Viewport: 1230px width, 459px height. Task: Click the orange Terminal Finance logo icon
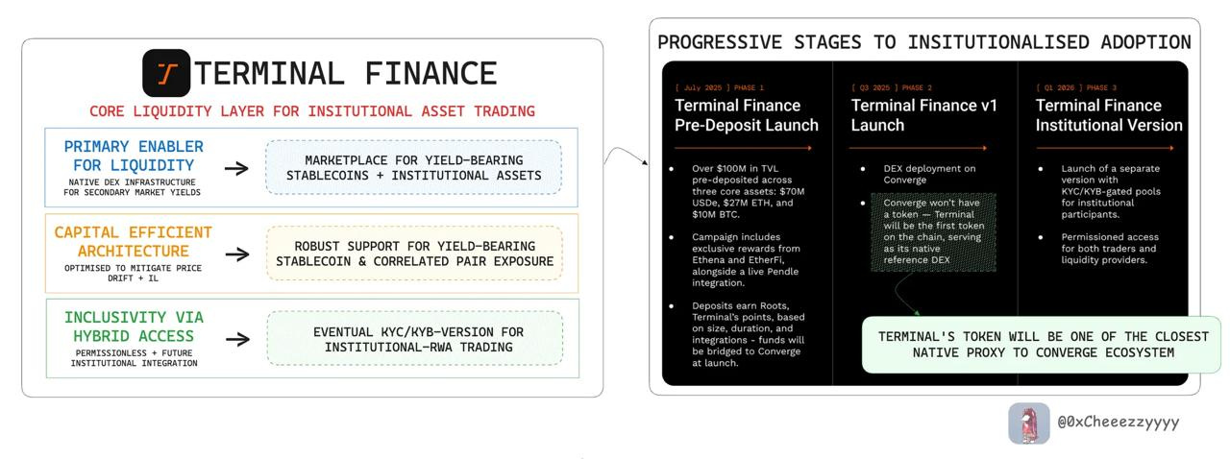[166, 73]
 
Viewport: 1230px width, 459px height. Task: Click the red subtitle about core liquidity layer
[311, 111]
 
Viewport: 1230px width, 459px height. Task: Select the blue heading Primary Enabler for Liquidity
[134, 156]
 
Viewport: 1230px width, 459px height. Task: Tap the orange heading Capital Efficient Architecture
[134, 241]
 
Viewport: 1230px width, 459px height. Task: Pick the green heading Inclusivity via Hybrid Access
[134, 326]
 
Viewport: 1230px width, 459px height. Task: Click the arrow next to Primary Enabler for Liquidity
[236, 168]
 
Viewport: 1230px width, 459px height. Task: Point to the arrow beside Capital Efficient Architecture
[236, 254]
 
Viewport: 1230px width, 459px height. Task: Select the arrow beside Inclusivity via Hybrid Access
[236, 338]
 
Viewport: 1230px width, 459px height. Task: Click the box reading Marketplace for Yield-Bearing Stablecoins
[413, 168]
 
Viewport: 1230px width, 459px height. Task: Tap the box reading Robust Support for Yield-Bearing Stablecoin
[414, 254]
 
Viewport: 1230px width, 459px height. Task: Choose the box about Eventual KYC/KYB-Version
[414, 338]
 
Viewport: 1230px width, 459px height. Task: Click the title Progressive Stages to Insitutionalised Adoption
[923, 42]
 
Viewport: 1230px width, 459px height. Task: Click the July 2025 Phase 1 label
[720, 87]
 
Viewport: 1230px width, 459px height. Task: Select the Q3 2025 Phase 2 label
[891, 87]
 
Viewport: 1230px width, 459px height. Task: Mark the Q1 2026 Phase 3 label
[1075, 87]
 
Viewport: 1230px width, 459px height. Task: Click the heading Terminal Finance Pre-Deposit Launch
[746, 115]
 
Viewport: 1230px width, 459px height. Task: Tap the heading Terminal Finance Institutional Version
[1108, 115]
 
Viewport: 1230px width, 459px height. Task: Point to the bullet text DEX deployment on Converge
[928, 174]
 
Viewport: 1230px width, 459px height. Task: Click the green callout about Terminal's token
[1043, 345]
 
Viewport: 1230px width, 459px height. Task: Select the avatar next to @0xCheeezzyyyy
[1028, 423]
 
